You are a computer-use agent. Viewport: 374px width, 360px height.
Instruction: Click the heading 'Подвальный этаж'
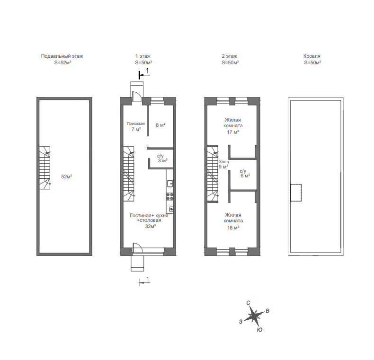[62, 56]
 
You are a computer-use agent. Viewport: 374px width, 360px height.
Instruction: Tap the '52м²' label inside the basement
[67, 176]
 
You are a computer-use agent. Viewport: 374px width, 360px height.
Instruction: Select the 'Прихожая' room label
[136, 123]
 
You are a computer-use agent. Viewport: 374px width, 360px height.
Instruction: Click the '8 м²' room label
[160, 125]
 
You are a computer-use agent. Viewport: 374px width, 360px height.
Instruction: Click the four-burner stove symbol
[170, 196]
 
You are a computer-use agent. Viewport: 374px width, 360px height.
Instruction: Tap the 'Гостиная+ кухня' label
[149, 215]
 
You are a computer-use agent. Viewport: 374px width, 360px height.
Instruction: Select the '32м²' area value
[151, 226]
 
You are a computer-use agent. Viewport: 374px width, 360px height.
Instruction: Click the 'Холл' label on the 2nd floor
[224, 162]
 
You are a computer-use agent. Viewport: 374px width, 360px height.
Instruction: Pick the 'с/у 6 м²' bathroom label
[245, 173]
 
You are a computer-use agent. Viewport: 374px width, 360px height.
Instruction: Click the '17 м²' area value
[233, 132]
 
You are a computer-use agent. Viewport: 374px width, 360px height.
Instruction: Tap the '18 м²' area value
[233, 228]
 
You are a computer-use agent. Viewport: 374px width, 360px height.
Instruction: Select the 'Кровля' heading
[312, 56]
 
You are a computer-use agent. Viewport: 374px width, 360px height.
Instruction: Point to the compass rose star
[254, 316]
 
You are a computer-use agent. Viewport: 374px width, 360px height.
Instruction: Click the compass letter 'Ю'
[259, 330]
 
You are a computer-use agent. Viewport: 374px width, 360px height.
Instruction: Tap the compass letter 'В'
[267, 311]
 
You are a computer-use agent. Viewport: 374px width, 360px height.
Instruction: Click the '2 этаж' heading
[230, 56]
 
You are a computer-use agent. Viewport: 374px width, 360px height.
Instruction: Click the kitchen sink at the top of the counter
[170, 184]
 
